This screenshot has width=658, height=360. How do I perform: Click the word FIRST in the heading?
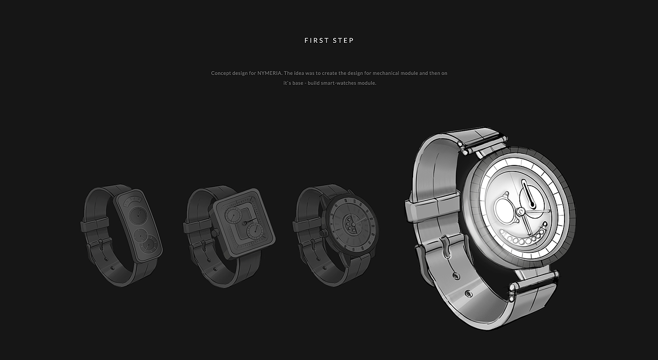(x=317, y=40)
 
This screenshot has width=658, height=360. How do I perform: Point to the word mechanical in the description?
(x=386, y=73)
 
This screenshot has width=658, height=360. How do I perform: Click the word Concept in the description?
(x=220, y=73)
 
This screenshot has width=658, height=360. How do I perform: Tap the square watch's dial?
(x=244, y=223)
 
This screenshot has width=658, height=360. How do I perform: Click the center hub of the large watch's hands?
(x=521, y=211)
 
